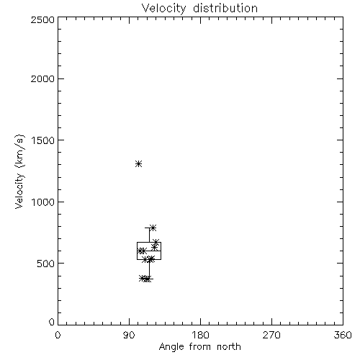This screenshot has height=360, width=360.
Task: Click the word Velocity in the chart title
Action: coord(163,9)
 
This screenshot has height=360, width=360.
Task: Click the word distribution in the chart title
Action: coord(225,8)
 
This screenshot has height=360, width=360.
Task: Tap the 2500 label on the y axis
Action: coord(42,19)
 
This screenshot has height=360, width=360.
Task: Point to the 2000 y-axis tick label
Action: coord(42,78)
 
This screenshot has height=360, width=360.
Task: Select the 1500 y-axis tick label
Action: coord(43,140)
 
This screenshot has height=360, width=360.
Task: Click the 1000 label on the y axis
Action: coord(43,202)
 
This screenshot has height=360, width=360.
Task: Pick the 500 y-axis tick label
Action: coord(46,264)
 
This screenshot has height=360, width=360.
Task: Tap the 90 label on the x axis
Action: coord(129,335)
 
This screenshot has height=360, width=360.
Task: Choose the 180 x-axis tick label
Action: coord(200,335)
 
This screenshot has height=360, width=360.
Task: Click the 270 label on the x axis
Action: coord(271,335)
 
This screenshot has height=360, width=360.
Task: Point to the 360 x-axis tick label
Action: coord(343,335)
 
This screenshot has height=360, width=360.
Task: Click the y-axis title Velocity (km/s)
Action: coord(19,171)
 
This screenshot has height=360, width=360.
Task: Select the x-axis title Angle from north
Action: coord(200,347)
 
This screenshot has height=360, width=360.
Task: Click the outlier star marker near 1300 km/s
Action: coord(139,164)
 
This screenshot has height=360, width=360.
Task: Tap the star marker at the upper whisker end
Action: coord(153,228)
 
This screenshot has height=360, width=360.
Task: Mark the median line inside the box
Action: coord(149,251)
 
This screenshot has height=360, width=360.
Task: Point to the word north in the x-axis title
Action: coord(229,346)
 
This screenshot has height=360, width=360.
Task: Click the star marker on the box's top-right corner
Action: coord(156,242)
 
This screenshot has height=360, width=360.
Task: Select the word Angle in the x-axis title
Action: coord(171,347)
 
